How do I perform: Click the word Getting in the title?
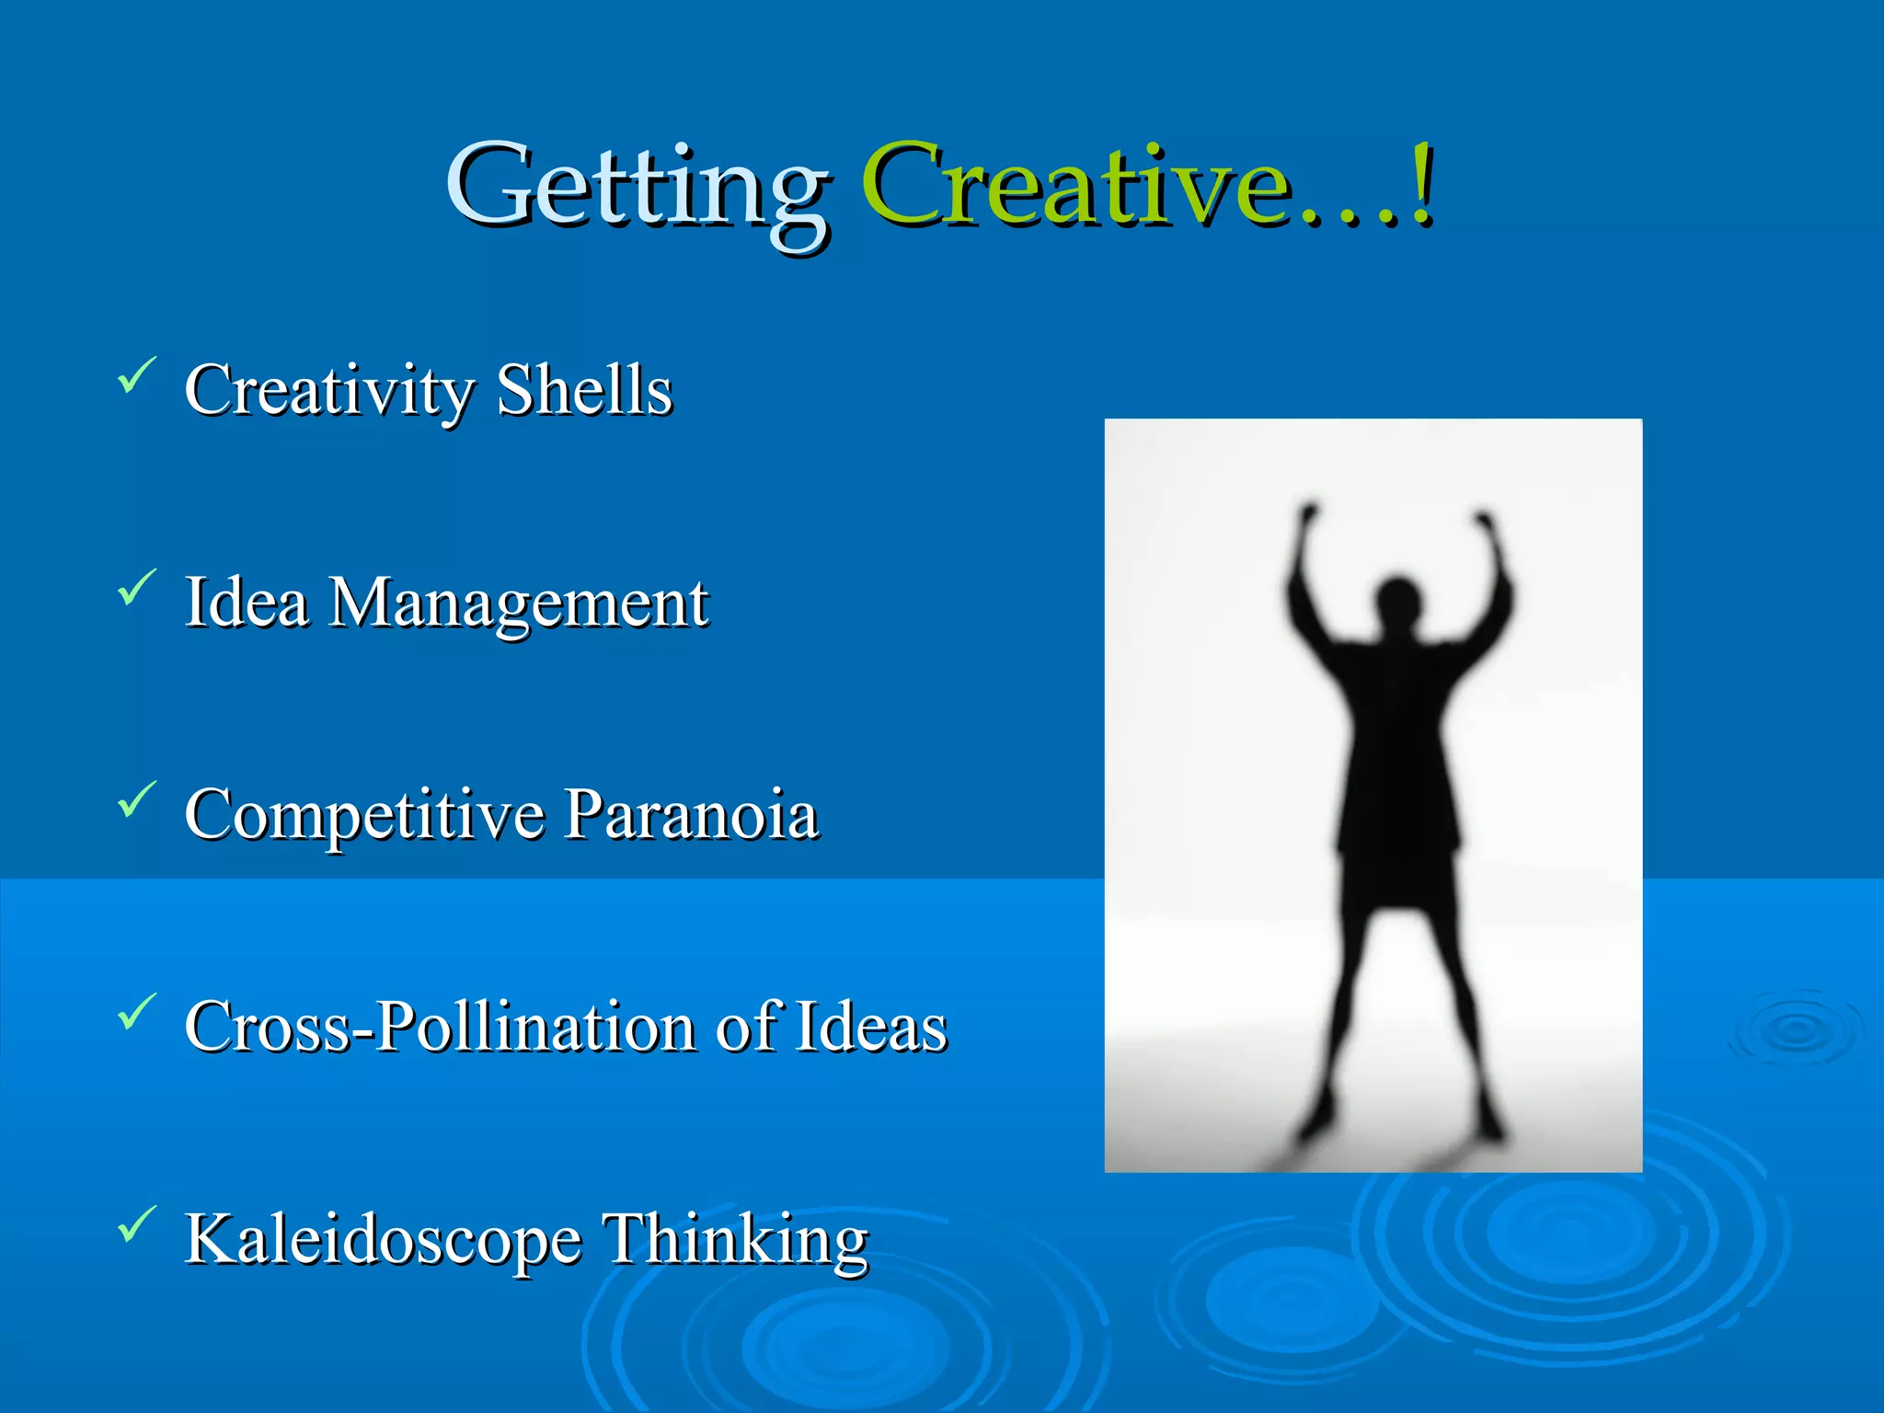click(x=637, y=189)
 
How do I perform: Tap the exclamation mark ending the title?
click(x=1421, y=184)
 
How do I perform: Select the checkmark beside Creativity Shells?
click(x=136, y=375)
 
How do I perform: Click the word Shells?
click(x=584, y=390)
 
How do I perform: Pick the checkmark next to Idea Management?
click(x=136, y=588)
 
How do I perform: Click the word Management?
click(x=520, y=604)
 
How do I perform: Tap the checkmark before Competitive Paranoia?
click(x=136, y=799)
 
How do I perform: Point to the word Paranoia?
click(x=691, y=815)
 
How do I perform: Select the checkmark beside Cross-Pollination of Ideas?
click(x=136, y=1012)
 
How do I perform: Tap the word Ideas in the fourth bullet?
click(x=871, y=1027)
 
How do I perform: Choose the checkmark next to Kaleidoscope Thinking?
click(x=136, y=1224)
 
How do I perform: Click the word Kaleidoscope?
click(x=383, y=1240)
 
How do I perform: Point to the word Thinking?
click(x=734, y=1240)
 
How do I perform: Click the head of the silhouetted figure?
click(x=1397, y=600)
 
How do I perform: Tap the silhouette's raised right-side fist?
click(x=1484, y=521)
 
